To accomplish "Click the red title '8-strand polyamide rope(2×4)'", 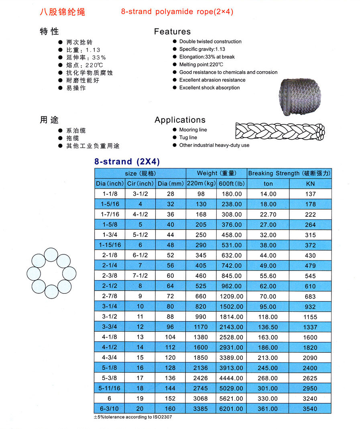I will (x=177, y=12).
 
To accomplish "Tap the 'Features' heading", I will (x=172, y=32).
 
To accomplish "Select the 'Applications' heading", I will (x=180, y=120).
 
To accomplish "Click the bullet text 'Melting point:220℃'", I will (x=201, y=65).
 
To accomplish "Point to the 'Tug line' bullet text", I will (x=188, y=138).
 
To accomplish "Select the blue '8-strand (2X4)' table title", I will (x=127, y=162).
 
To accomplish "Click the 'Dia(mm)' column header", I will (x=170, y=184).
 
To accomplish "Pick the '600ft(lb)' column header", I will (x=231, y=184).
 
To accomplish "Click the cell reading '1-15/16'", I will (x=109, y=245).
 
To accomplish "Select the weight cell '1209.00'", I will (x=231, y=297).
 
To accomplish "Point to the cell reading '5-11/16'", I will (x=109, y=388).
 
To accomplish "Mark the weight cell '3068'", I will (x=201, y=399).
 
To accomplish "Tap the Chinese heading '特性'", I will (x=49, y=32).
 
